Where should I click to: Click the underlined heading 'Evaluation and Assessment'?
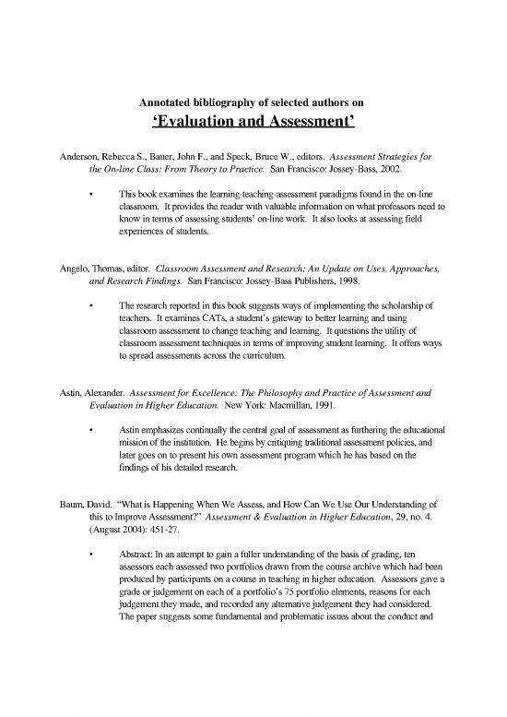point(253,123)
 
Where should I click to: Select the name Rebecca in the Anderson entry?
point(118,156)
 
